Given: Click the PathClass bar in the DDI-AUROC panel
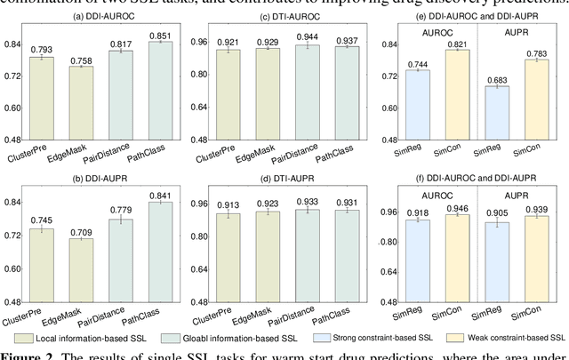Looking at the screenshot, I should [160, 91].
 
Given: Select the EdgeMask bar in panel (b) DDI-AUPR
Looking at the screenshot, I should [81, 272].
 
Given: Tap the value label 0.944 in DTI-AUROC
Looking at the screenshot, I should [307, 37].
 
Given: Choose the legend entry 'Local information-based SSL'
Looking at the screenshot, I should [87, 338].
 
